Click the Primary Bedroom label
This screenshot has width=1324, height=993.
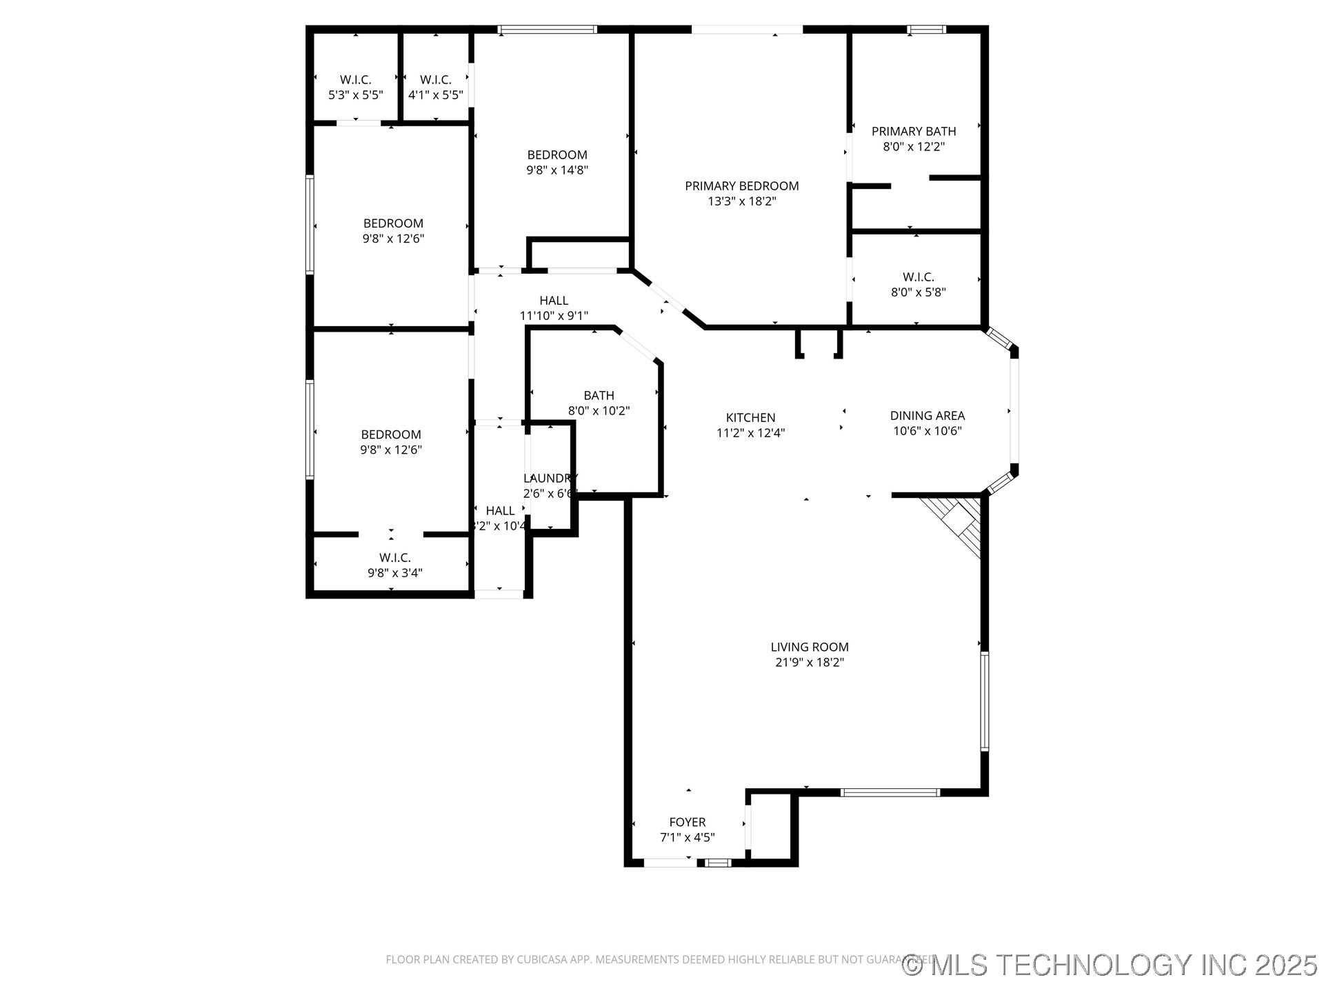point(741,185)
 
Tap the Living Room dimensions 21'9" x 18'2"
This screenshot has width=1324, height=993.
point(810,663)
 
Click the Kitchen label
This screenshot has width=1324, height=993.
point(750,417)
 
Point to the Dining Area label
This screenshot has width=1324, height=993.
point(927,415)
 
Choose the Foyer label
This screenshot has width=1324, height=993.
point(687,822)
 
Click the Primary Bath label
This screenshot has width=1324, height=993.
point(913,131)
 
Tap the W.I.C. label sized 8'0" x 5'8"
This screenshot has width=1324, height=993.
point(918,277)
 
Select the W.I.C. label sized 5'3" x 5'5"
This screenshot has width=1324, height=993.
point(355,80)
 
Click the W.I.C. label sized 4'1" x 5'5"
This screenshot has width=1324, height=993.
point(435,80)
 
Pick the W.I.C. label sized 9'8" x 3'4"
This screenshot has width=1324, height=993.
point(394,557)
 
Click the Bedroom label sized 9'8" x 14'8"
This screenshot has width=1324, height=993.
point(557,155)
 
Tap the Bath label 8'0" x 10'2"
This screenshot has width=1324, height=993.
point(599,395)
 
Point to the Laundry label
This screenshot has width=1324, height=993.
point(550,479)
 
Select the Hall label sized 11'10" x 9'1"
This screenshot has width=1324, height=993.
point(554,301)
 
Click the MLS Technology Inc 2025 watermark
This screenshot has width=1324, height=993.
point(1110,965)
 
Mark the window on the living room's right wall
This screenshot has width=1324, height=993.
point(985,701)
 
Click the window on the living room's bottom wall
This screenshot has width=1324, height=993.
point(890,793)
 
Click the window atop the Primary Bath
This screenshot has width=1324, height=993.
point(926,29)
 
